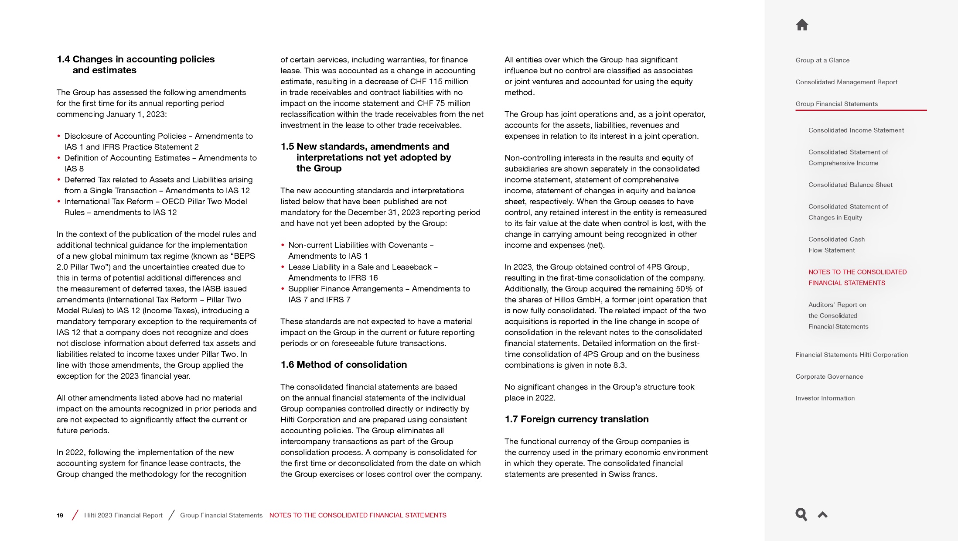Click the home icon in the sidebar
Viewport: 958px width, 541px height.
point(802,25)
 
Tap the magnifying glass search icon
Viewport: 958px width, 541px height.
point(801,514)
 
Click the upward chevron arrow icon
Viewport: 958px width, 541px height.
point(823,515)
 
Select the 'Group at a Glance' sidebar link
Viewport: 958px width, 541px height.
point(822,60)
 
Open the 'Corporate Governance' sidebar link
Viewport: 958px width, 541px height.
point(829,377)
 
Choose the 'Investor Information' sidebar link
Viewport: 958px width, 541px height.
point(825,398)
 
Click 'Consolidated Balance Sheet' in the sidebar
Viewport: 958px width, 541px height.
point(850,185)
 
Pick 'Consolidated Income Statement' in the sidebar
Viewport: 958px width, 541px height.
point(856,130)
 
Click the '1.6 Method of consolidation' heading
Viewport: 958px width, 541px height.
point(344,365)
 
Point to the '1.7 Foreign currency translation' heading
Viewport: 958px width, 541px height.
point(576,419)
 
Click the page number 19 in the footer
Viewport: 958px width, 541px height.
point(60,515)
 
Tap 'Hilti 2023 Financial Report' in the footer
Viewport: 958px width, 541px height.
point(123,515)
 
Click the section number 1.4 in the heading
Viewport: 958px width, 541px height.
point(63,59)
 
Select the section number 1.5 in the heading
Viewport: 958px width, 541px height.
point(287,147)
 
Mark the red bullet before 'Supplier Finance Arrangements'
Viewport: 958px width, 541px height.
point(283,289)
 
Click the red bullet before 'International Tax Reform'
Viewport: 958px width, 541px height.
point(59,202)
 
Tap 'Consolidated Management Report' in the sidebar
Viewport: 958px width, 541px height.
point(846,82)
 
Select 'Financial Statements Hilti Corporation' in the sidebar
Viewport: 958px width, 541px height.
point(851,355)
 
